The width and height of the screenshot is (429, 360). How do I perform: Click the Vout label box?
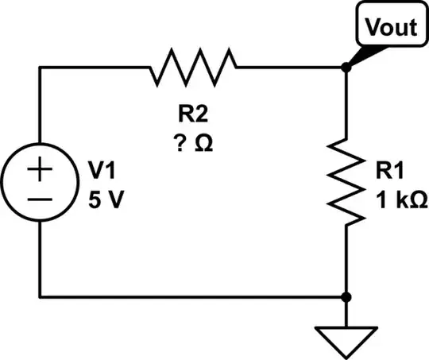390,27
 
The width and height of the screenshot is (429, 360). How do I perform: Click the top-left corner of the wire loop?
41,68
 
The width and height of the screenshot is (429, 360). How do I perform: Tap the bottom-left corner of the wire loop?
41,297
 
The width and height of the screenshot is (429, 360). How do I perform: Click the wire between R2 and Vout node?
290,68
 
